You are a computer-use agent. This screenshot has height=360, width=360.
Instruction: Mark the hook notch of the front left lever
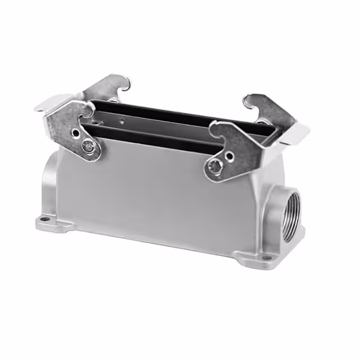pyautogui.click(x=91, y=112)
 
